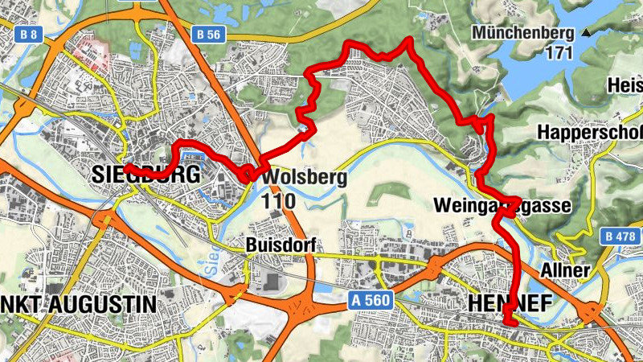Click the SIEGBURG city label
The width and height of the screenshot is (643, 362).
click(145, 175)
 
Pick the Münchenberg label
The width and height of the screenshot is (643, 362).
click(523, 33)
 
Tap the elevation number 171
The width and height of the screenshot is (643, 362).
click(557, 53)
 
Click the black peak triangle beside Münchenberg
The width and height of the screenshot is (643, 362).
click(587, 33)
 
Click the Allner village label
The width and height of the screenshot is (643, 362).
click(566, 270)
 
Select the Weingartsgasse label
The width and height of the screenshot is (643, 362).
click(502, 206)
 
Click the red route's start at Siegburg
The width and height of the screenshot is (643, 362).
click(125, 167)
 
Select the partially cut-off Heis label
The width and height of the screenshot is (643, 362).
click(625, 84)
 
